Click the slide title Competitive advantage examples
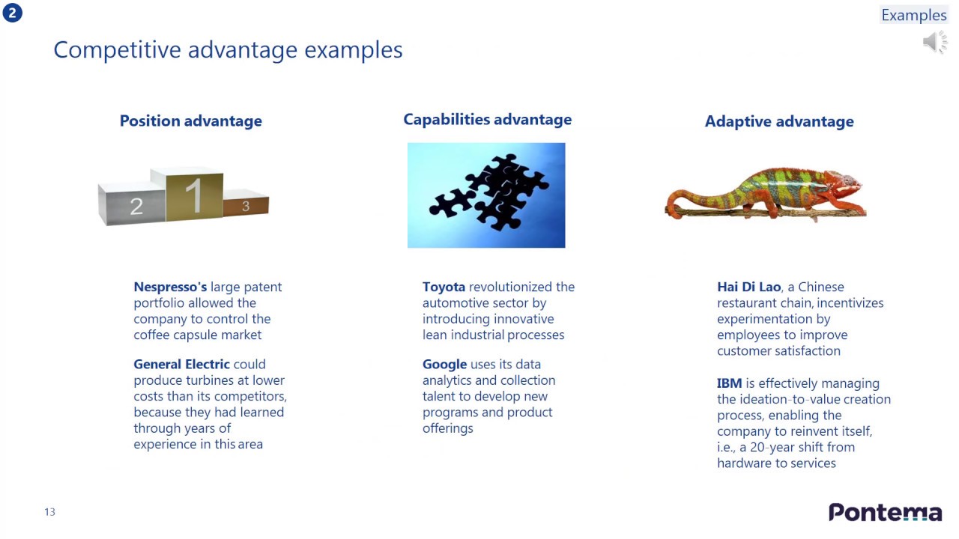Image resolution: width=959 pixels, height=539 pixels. [x=228, y=50]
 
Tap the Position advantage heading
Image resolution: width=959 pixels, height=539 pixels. [x=190, y=121]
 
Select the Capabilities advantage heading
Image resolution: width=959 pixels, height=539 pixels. [x=487, y=120]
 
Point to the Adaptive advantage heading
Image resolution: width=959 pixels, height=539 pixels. [x=778, y=121]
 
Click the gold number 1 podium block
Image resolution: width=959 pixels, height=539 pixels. [x=193, y=196]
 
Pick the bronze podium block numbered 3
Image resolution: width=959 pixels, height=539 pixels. [x=246, y=204]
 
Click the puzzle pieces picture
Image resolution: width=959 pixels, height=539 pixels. [x=486, y=195]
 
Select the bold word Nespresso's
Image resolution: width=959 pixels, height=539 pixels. [x=170, y=287]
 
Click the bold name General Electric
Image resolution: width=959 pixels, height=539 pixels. [x=181, y=365]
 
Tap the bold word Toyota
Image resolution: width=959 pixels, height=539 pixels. [x=444, y=287]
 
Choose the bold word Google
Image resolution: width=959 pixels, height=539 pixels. [x=444, y=365]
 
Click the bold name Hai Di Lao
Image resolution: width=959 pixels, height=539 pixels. [x=748, y=287]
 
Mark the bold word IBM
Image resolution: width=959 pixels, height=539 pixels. [x=729, y=383]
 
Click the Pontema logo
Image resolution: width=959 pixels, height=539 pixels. [x=885, y=512]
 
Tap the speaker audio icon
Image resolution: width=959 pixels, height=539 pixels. [x=934, y=43]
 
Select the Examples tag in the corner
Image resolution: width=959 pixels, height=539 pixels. [x=913, y=15]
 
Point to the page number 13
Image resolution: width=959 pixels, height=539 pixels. [x=49, y=512]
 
